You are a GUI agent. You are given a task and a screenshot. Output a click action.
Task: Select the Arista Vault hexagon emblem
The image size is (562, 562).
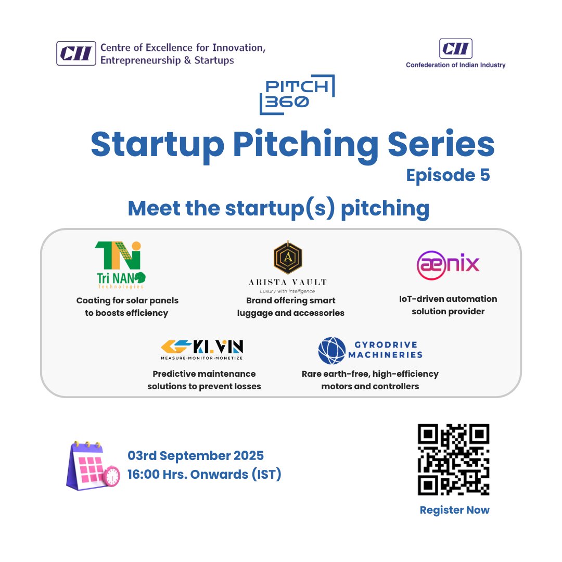(288, 258)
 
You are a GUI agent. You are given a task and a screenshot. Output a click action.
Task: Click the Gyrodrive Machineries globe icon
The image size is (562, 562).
(332, 350)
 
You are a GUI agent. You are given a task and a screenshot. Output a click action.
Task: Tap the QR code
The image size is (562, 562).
(454, 459)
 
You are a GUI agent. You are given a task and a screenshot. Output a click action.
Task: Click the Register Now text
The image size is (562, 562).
(454, 510)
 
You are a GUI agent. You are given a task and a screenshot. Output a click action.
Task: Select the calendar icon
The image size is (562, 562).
(93, 466)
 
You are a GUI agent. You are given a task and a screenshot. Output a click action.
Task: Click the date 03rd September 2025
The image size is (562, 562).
(196, 456)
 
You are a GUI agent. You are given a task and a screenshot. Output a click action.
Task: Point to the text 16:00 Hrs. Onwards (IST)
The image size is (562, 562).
(205, 475)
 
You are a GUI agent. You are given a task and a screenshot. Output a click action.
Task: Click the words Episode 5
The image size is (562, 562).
(448, 175)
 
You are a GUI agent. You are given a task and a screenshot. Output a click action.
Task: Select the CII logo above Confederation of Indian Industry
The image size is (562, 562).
(455, 49)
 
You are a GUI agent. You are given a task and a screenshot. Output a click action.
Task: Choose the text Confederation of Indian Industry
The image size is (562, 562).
(455, 65)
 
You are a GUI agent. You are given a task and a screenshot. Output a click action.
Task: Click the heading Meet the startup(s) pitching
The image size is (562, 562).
(278, 209)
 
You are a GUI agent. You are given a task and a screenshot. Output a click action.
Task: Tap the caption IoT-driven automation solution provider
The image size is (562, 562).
(448, 305)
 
